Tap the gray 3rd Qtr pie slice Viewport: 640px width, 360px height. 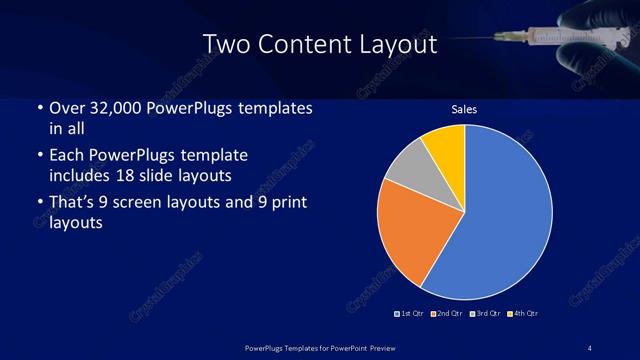pyautogui.click(x=407, y=170)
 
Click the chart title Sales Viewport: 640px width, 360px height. pyautogui.click(x=464, y=109)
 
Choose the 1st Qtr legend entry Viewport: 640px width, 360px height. pyautogui.click(x=410, y=313)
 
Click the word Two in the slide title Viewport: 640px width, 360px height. pyautogui.click(x=224, y=44)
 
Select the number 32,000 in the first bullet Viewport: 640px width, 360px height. pyautogui.click(x=118, y=108)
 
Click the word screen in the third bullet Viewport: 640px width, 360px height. pyautogui.click(x=158, y=204)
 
